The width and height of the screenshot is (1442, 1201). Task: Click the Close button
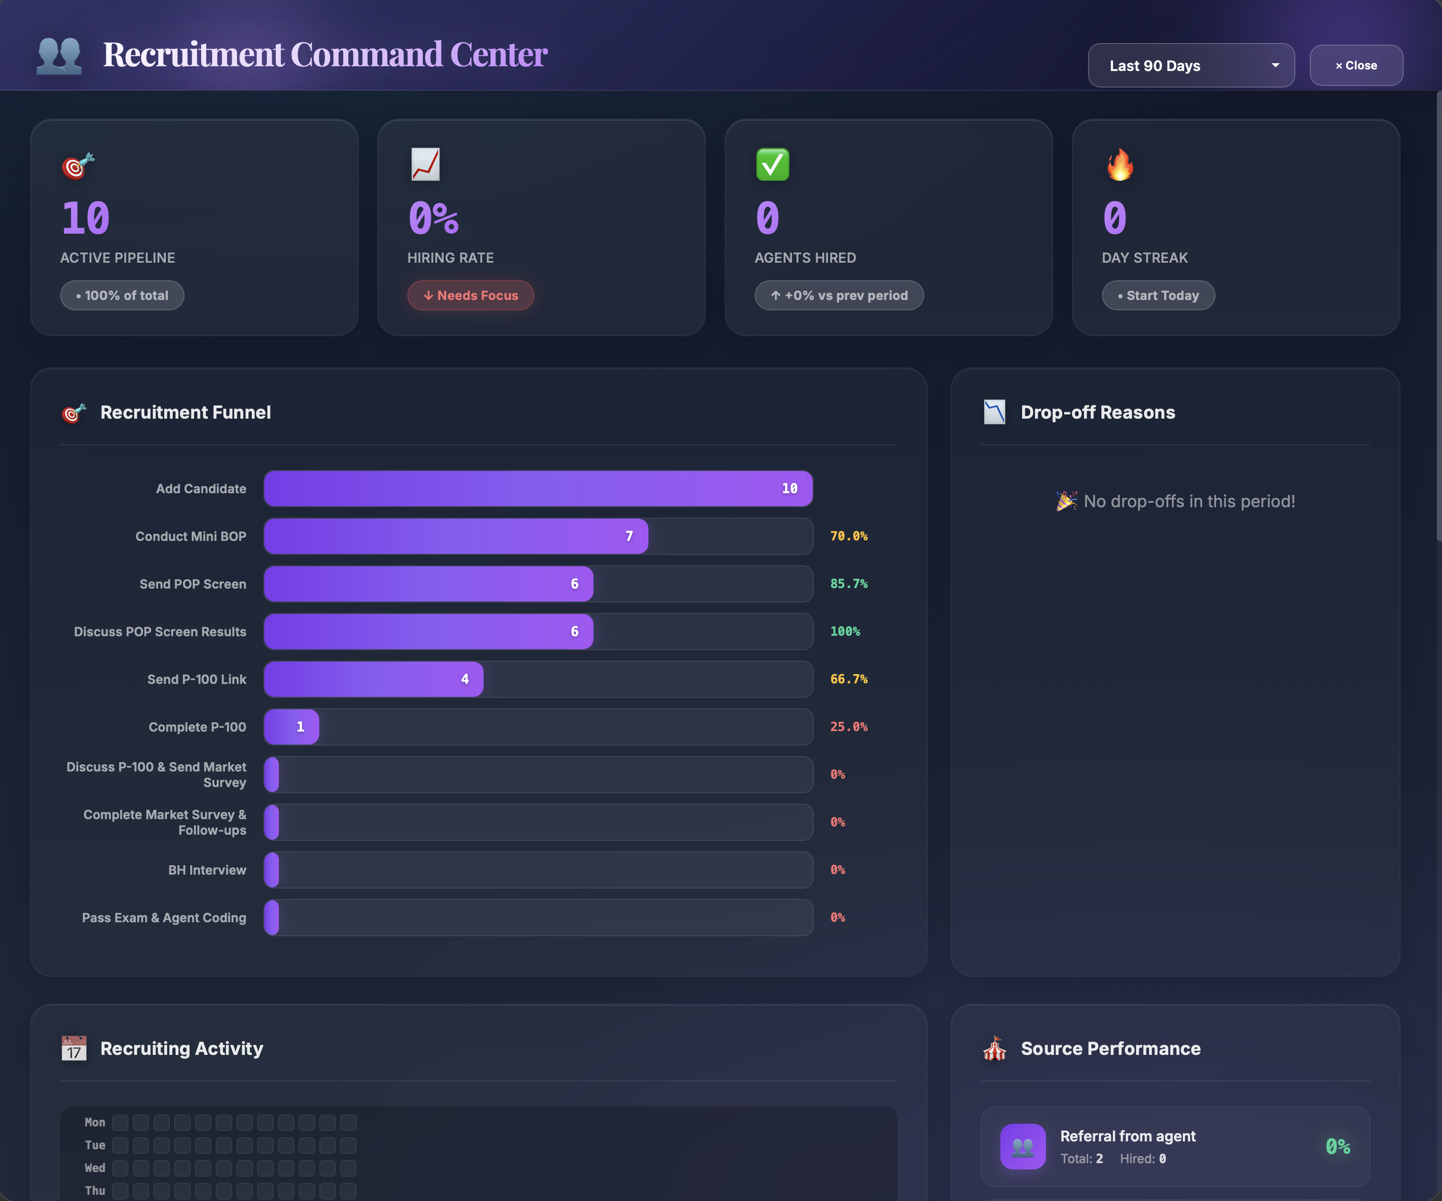coord(1355,65)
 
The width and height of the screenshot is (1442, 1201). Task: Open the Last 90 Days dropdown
coord(1191,65)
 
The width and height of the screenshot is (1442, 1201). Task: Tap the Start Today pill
coord(1158,295)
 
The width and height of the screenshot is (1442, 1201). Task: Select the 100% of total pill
coord(122,295)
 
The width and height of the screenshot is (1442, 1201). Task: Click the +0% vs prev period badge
coord(839,295)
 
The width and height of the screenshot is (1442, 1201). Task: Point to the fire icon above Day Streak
coord(1119,165)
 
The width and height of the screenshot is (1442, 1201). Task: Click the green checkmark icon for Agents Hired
coord(772,165)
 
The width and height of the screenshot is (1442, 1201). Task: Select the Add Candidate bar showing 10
coord(539,489)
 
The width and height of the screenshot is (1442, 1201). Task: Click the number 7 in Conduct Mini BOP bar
coord(629,536)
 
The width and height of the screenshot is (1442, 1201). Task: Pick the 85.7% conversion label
coord(849,583)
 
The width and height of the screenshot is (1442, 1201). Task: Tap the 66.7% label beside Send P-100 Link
coord(849,679)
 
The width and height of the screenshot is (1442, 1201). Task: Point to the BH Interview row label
coord(207,869)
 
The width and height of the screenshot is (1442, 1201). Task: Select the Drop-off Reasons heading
coord(1097,412)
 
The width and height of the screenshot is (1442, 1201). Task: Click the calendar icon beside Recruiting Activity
coord(74,1048)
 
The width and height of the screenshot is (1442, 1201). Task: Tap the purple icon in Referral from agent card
coord(1023,1146)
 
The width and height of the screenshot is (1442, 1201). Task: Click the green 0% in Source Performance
coord(1337,1146)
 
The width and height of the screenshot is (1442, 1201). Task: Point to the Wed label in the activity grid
coord(95,1167)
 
